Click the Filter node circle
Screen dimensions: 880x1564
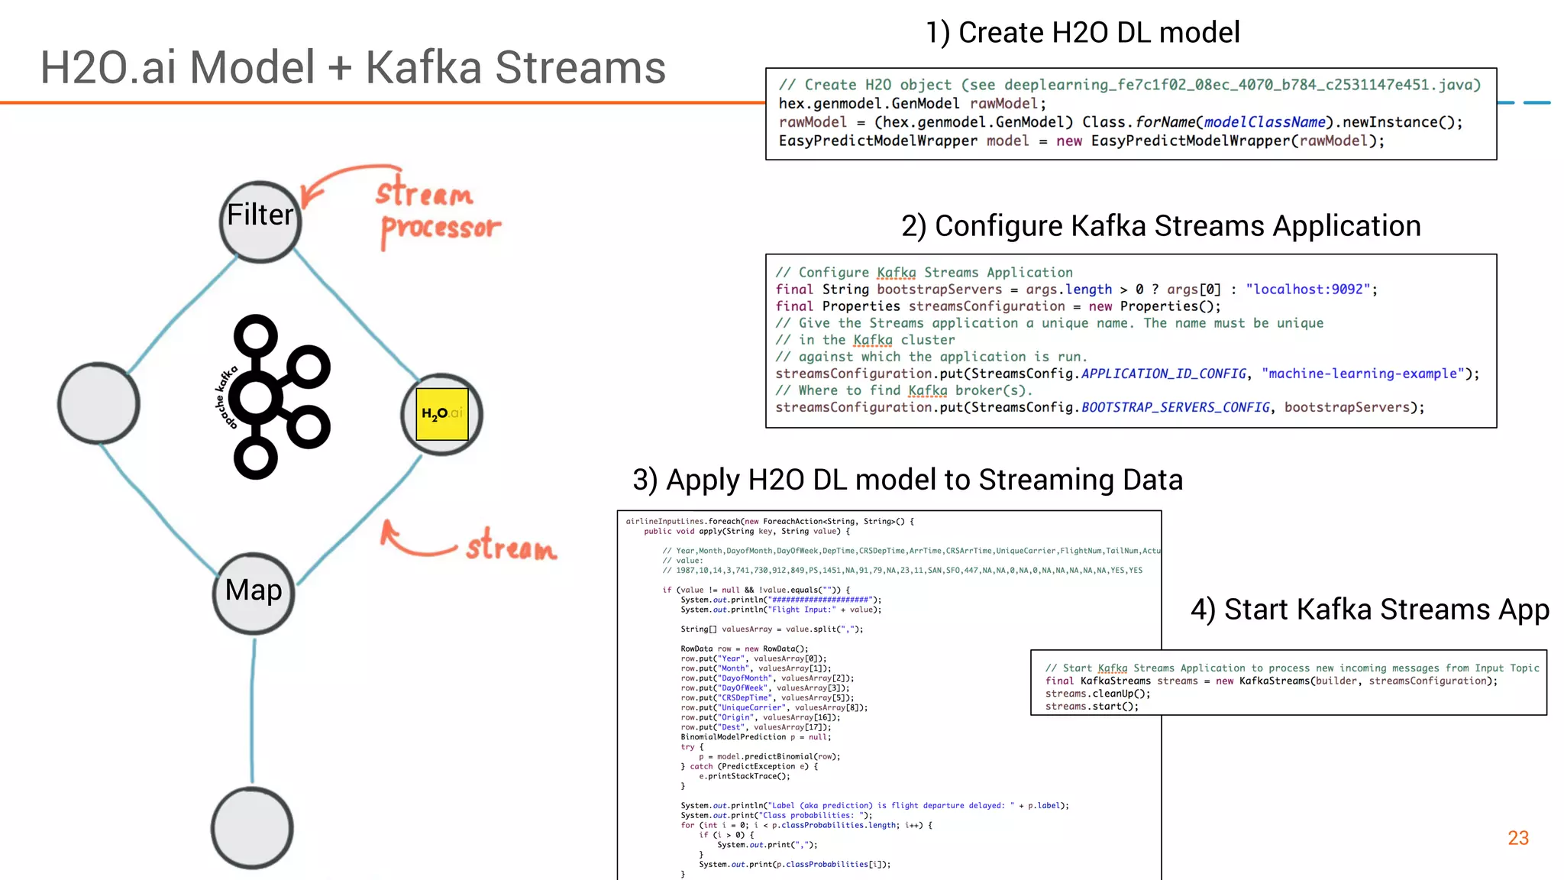(x=260, y=222)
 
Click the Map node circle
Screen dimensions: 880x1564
(x=254, y=594)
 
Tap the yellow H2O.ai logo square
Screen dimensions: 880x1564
(x=441, y=413)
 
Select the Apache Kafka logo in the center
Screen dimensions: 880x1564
(x=275, y=397)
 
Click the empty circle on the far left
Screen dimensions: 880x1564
(x=99, y=403)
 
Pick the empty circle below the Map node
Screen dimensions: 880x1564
(x=252, y=828)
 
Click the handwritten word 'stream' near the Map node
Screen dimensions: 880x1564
(x=511, y=547)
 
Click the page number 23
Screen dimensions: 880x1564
(x=1517, y=838)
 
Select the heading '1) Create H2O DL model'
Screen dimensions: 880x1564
(x=1082, y=33)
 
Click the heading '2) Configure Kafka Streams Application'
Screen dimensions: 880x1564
(x=1160, y=226)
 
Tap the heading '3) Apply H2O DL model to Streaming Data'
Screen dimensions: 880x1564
(x=907, y=480)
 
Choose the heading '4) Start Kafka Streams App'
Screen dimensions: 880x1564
(x=1369, y=610)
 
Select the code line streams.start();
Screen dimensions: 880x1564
(x=1091, y=707)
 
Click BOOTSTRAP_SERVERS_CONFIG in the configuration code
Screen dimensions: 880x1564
(x=1175, y=407)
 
